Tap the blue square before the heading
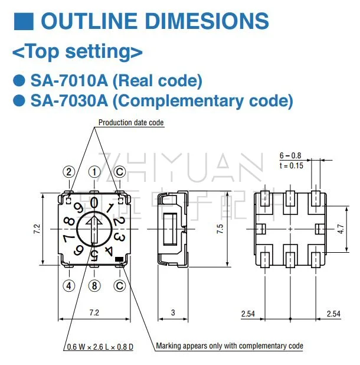(22, 21)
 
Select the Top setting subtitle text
(77, 52)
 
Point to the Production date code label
(131, 123)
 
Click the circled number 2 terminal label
(69, 172)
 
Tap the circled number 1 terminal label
(94, 172)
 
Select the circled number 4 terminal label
(69, 286)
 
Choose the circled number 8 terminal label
(94, 286)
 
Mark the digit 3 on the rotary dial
(118, 237)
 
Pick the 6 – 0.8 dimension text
(290, 156)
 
